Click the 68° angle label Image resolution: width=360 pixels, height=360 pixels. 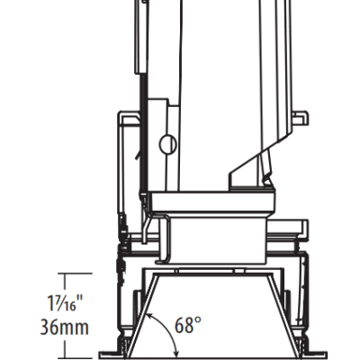coord(188,325)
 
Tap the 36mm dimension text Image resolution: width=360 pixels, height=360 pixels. coord(65,328)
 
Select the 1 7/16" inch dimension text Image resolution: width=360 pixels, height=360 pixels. coord(65,303)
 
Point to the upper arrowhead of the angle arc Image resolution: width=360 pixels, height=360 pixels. coord(149,316)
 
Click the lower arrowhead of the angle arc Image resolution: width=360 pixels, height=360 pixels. coord(176,354)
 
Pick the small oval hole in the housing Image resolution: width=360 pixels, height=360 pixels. coord(167,145)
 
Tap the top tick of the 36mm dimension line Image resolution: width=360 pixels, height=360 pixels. coord(75,274)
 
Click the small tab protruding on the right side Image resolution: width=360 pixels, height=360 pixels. coord(301,118)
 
